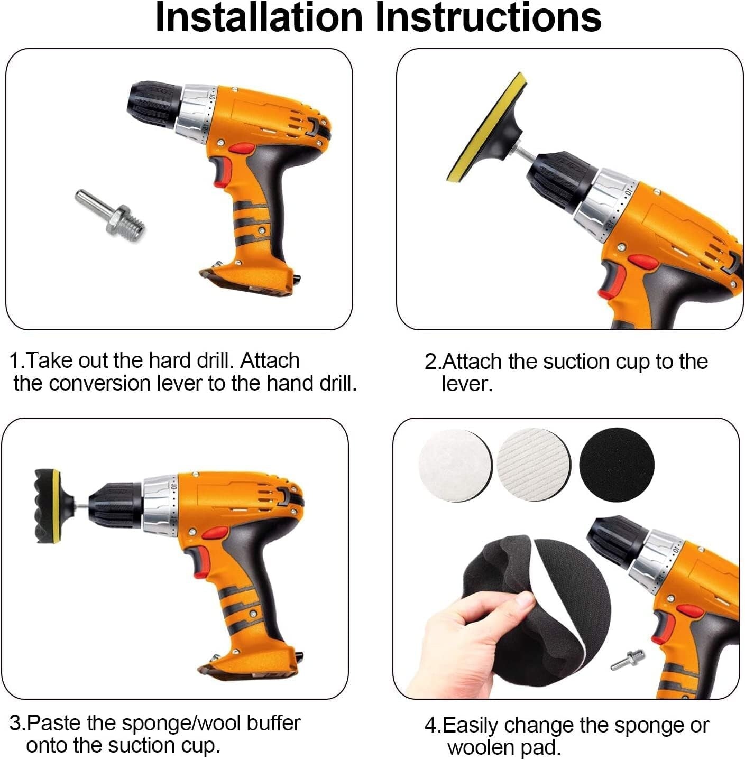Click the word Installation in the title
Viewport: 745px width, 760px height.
(259, 18)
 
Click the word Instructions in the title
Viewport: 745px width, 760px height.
(488, 18)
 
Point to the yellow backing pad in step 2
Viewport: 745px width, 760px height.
(486, 127)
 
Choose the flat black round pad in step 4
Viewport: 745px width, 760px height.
(617, 464)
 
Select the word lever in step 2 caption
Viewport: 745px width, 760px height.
(467, 384)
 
